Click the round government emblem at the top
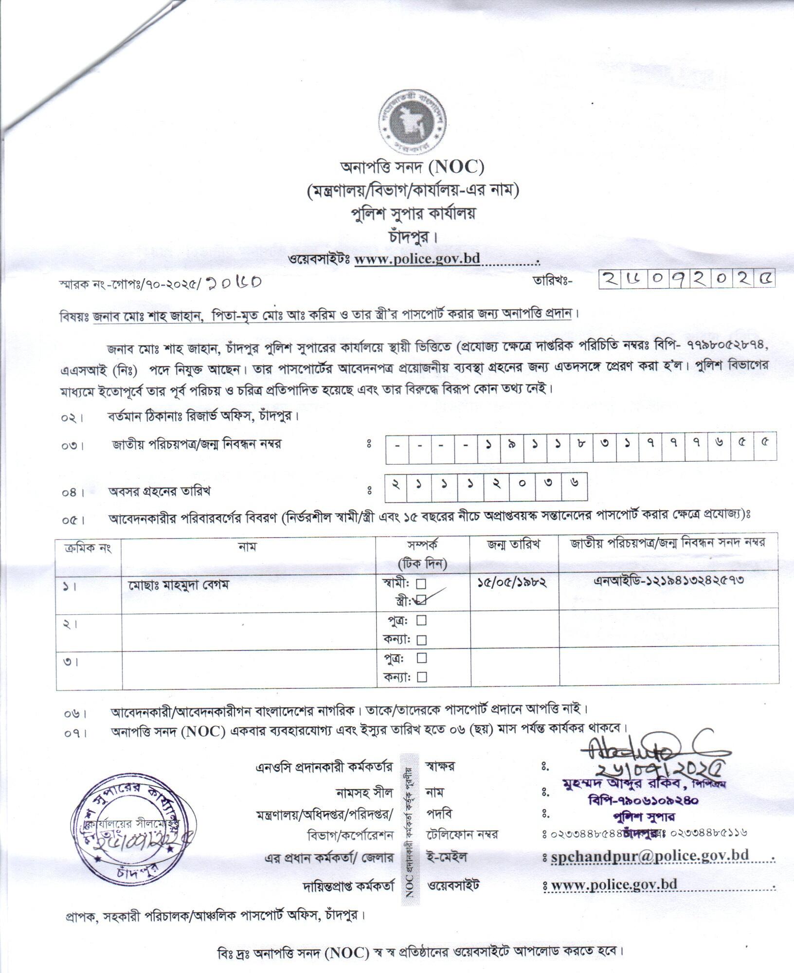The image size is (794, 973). [x=410, y=124]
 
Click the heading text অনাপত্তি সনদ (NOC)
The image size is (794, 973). [x=412, y=168]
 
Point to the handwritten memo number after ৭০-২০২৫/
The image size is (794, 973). [x=234, y=282]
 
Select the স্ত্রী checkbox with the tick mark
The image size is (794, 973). [x=422, y=600]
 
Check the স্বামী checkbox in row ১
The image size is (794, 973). [x=422, y=583]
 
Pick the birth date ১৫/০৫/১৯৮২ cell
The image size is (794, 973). [x=512, y=582]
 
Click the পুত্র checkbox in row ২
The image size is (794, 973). [x=422, y=620]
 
